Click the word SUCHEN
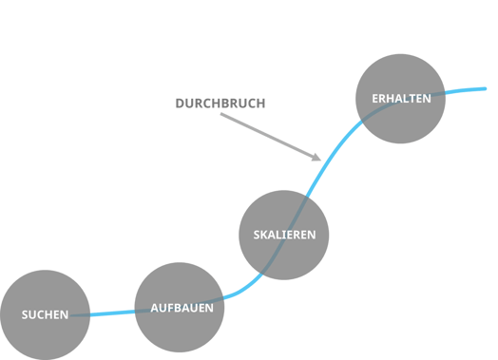(45, 314)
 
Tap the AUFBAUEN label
(182, 308)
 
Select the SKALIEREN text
(284, 235)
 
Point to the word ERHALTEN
(401, 98)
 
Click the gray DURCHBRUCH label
(220, 103)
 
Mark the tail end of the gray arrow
(220, 115)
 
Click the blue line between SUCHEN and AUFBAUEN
(113, 313)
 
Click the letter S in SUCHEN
(25, 314)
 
